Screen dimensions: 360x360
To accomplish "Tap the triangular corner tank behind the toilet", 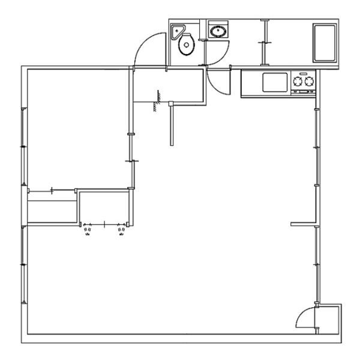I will [x=178, y=31].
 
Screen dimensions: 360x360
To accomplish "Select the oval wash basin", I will [x=217, y=31].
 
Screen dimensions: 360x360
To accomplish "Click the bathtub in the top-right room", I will [x=325, y=43].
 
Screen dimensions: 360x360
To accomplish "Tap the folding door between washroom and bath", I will [x=264, y=42].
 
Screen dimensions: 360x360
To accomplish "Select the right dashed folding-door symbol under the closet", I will [x=122, y=230].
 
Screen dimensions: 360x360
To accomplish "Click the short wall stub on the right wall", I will [x=303, y=224].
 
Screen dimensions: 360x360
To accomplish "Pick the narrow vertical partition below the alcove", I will [x=172, y=123].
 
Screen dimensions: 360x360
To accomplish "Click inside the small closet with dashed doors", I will [x=104, y=206].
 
